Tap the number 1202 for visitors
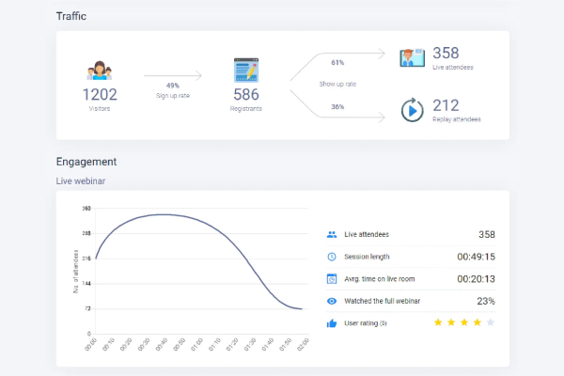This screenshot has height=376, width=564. pyautogui.click(x=100, y=94)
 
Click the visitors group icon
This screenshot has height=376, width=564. pyautogui.click(x=100, y=71)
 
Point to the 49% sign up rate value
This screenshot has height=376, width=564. pyautogui.click(x=173, y=85)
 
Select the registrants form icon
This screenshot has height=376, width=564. pyautogui.click(x=246, y=70)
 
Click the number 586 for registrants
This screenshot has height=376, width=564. pyautogui.click(x=246, y=94)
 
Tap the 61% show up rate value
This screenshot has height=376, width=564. pyautogui.click(x=337, y=63)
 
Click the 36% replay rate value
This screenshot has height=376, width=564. pyautogui.click(x=337, y=106)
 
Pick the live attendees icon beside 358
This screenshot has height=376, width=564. pyautogui.click(x=412, y=58)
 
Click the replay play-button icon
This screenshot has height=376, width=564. pyautogui.click(x=412, y=110)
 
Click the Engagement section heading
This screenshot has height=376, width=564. pyautogui.click(x=86, y=162)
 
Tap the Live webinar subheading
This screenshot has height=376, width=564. pyautogui.click(x=83, y=180)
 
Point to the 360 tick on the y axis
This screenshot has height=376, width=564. pyautogui.click(x=86, y=209)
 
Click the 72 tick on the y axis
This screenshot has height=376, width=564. pyautogui.click(x=87, y=308)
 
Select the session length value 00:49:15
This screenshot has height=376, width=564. pyautogui.click(x=476, y=257)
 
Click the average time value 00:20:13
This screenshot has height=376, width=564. pyautogui.click(x=476, y=279)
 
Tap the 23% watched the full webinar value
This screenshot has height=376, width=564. pyautogui.click(x=486, y=301)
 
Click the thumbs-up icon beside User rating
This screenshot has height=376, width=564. pyautogui.click(x=331, y=323)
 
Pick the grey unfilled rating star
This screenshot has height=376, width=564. pyautogui.click(x=490, y=322)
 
